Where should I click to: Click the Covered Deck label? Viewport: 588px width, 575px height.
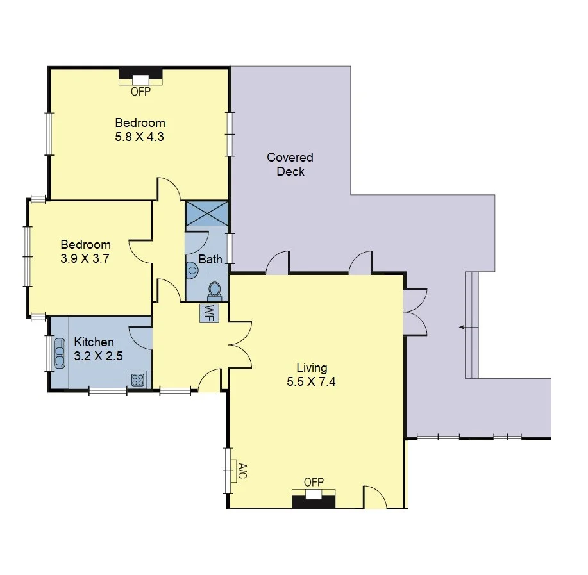(290, 164)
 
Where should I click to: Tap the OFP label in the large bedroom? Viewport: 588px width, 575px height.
(140, 92)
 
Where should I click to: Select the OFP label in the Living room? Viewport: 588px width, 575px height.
(314, 482)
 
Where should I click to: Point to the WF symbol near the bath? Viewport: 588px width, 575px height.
(208, 312)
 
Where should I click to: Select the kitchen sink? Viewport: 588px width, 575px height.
(60, 353)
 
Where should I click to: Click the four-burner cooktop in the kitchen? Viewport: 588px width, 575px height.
(137, 379)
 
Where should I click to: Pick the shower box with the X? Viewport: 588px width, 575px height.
(206, 213)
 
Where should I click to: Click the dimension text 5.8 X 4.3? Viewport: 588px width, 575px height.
(140, 136)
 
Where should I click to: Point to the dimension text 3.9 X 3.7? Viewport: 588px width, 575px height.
(85, 258)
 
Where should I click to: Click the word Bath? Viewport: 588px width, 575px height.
(210, 260)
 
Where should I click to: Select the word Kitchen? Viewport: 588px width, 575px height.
(94, 342)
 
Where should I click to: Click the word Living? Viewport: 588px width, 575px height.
(312, 368)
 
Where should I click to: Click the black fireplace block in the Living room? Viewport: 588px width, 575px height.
(314, 499)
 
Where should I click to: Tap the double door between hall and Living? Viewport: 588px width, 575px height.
(239, 349)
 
